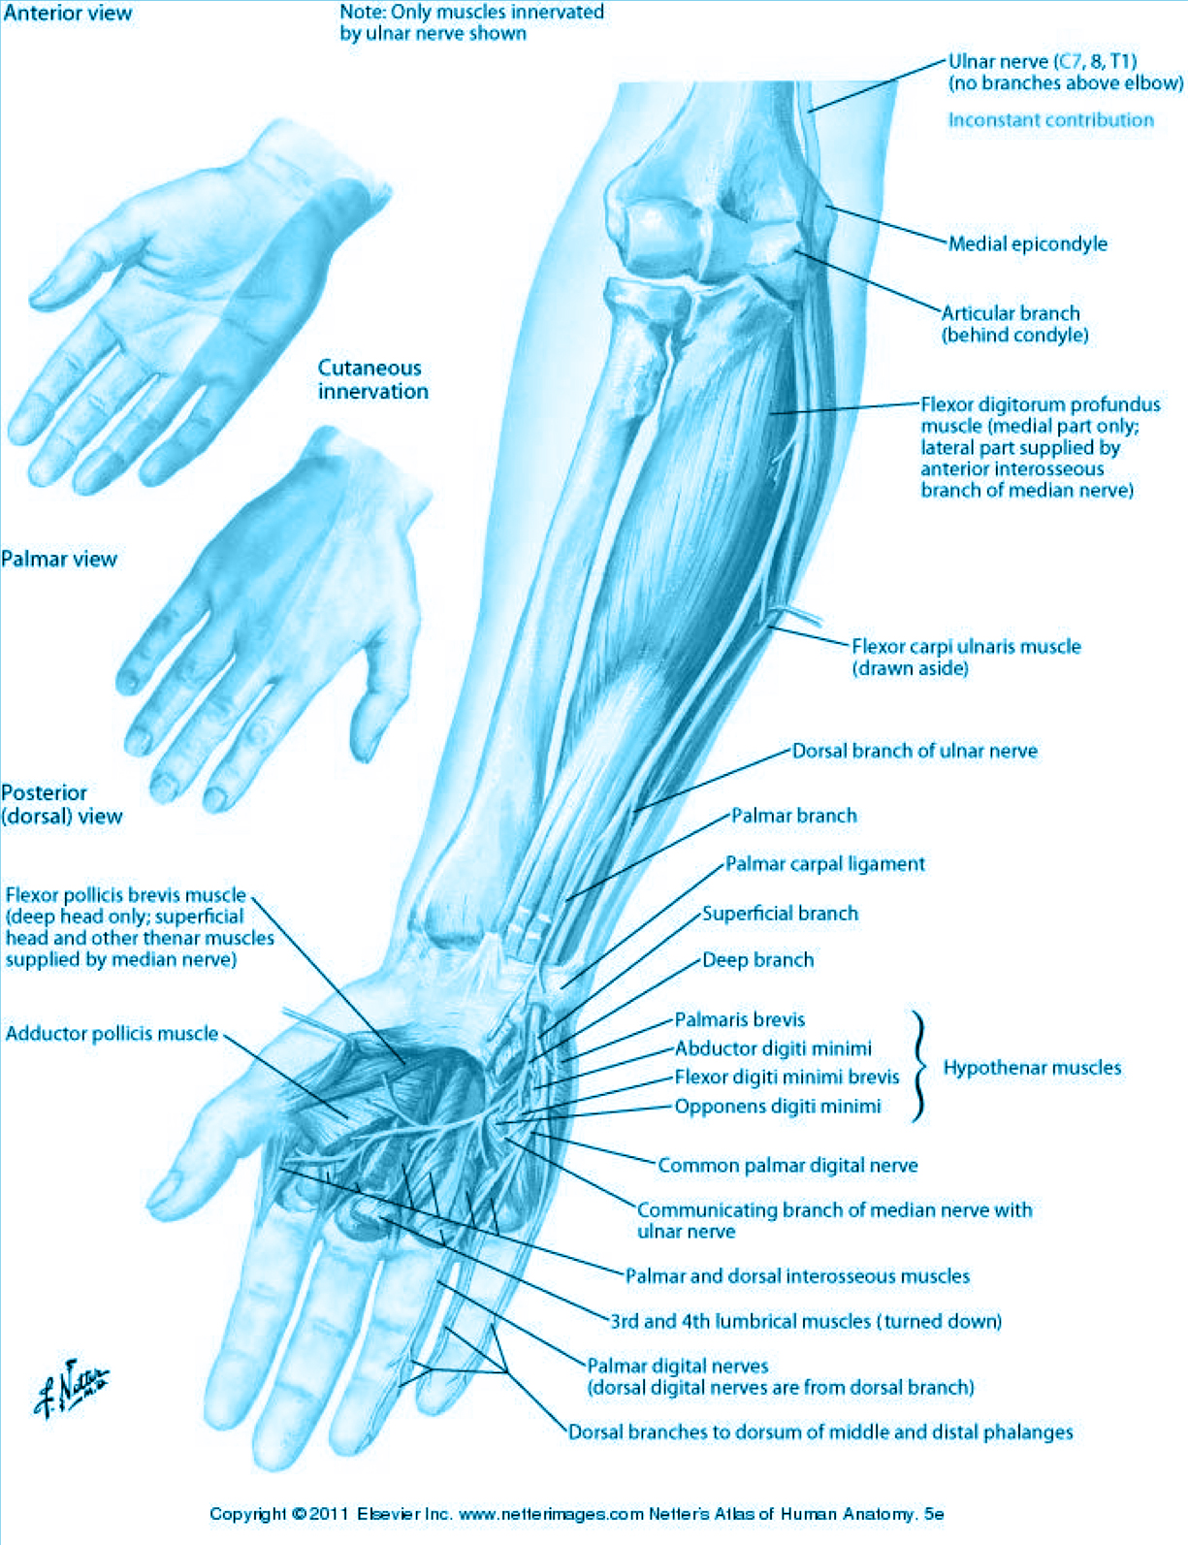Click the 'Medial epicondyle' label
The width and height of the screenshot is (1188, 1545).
(1028, 243)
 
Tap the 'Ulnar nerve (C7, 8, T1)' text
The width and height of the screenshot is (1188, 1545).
(1043, 61)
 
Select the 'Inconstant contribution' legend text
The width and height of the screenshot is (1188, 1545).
(1051, 119)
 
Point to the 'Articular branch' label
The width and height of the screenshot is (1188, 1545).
(1011, 313)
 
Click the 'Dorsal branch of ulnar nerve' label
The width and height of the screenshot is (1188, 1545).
(915, 751)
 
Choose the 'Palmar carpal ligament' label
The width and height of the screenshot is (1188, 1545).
(825, 864)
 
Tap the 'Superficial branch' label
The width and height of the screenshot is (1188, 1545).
(780, 913)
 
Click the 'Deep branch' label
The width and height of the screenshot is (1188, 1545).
(757, 960)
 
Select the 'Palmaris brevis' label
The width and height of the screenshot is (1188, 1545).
(739, 1019)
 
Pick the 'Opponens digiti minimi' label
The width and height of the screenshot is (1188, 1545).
(778, 1107)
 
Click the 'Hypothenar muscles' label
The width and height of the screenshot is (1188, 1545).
(1032, 1067)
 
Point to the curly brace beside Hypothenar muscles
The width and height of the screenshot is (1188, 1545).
(919, 1067)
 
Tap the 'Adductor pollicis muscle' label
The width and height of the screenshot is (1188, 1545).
(112, 1033)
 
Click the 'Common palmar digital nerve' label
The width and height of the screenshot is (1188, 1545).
(787, 1166)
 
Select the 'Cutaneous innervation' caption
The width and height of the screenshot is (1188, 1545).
(372, 379)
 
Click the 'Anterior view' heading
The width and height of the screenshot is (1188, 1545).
(68, 13)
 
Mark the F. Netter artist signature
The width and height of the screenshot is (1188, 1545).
(71, 1389)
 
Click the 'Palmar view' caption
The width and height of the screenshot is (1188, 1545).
(59, 559)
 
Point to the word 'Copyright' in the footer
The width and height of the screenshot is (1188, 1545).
(248, 1514)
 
